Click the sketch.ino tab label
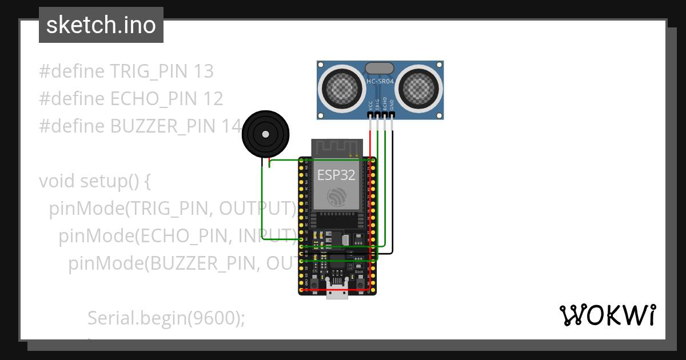[x=101, y=25]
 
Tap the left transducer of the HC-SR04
[x=342, y=86]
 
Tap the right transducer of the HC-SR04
[x=419, y=86]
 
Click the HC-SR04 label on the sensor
[x=380, y=82]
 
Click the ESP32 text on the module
[x=337, y=175]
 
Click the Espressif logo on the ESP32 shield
[x=337, y=197]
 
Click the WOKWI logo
[x=607, y=315]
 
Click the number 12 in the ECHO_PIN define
[x=213, y=99]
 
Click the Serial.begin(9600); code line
[x=166, y=318]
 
